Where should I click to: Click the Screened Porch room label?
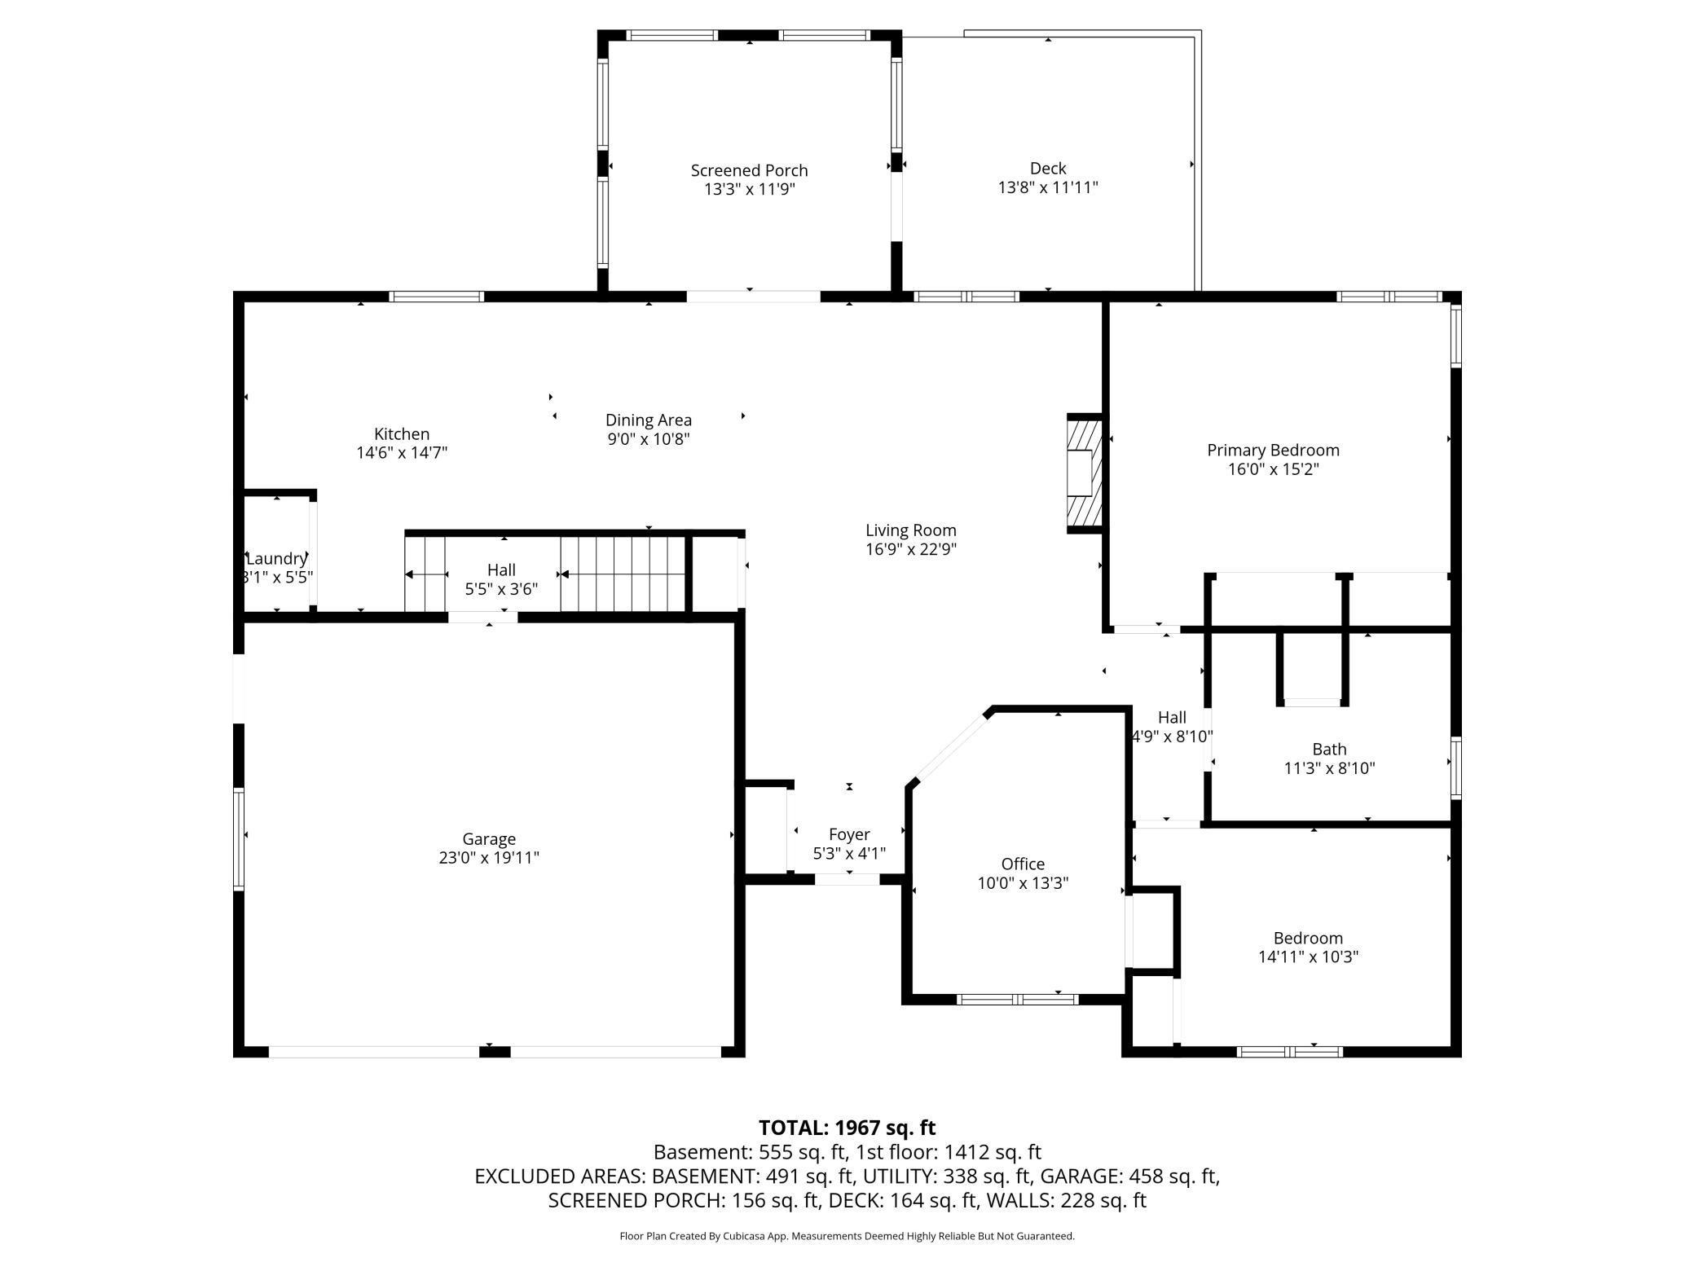[x=749, y=170]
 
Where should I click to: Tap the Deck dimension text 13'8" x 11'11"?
[x=1048, y=187]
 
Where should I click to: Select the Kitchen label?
[x=402, y=433]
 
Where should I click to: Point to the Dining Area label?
[x=649, y=420]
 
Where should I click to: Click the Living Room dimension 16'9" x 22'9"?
[x=911, y=549]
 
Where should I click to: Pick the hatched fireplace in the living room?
[x=1085, y=473]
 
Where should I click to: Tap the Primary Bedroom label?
[x=1273, y=450]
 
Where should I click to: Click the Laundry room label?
[x=277, y=558]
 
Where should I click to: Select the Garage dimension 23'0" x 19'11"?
[x=489, y=857]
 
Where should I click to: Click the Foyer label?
[x=849, y=834]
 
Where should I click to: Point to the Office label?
[x=1023, y=864]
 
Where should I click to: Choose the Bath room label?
[x=1329, y=749]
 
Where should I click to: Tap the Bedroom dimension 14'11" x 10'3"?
[x=1308, y=957]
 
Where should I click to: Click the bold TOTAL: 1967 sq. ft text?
[x=847, y=1128]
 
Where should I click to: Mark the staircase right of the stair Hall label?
[x=623, y=574]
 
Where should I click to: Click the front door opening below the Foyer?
[x=847, y=879]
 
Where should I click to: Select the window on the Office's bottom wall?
[x=1018, y=999]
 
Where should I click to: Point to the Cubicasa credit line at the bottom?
[x=847, y=1236]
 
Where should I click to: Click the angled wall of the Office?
[x=950, y=746]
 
